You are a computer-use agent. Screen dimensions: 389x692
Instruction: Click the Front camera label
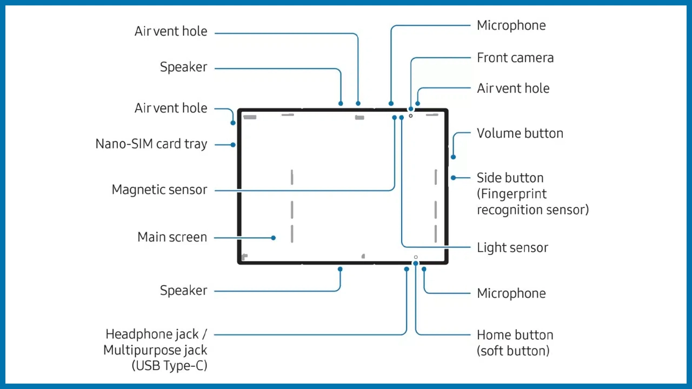click(515, 58)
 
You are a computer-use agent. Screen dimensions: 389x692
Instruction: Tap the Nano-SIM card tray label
click(151, 144)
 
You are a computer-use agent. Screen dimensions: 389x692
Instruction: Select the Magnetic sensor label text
click(159, 190)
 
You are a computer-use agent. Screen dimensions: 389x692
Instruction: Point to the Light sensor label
click(512, 248)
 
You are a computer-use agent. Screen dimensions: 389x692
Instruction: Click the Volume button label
click(520, 133)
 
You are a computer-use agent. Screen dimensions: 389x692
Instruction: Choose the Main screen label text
click(172, 237)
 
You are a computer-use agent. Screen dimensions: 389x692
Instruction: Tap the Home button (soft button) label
click(515, 343)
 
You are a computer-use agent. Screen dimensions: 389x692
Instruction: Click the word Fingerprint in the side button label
click(511, 194)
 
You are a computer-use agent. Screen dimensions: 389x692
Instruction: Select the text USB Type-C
click(169, 365)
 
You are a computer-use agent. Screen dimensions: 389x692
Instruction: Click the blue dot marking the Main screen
click(274, 238)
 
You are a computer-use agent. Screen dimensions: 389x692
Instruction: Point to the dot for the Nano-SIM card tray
click(233, 145)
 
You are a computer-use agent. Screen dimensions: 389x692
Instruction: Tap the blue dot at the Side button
click(453, 178)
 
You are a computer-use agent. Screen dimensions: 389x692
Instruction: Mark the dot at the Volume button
click(453, 157)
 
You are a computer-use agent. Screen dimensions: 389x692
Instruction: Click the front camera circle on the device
click(411, 116)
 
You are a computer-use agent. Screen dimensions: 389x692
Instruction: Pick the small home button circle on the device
click(416, 257)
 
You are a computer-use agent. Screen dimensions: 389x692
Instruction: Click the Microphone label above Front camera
click(511, 25)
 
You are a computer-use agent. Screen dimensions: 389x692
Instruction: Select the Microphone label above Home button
click(511, 293)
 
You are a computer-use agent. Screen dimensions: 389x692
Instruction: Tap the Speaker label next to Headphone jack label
click(183, 291)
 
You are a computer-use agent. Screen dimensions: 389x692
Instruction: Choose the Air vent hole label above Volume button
click(513, 89)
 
